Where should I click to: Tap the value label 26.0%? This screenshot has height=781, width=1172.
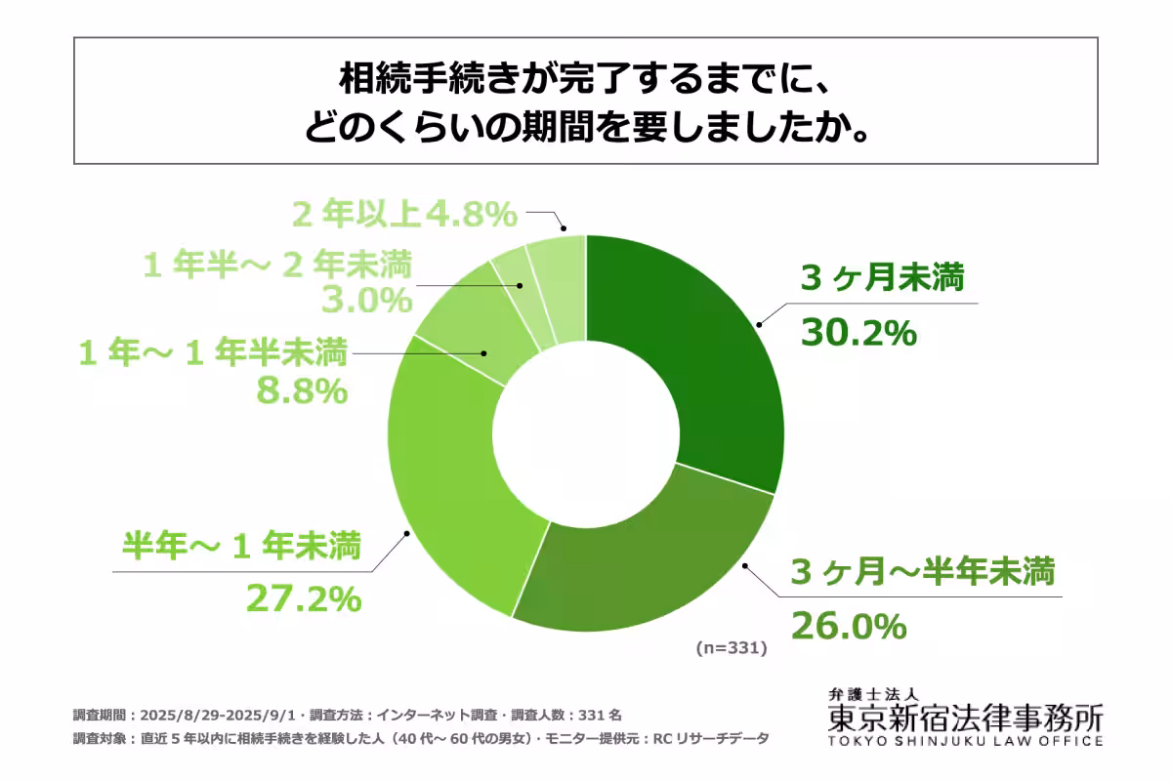849,626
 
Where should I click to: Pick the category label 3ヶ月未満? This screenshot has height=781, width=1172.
882,280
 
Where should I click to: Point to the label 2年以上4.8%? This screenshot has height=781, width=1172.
404,213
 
